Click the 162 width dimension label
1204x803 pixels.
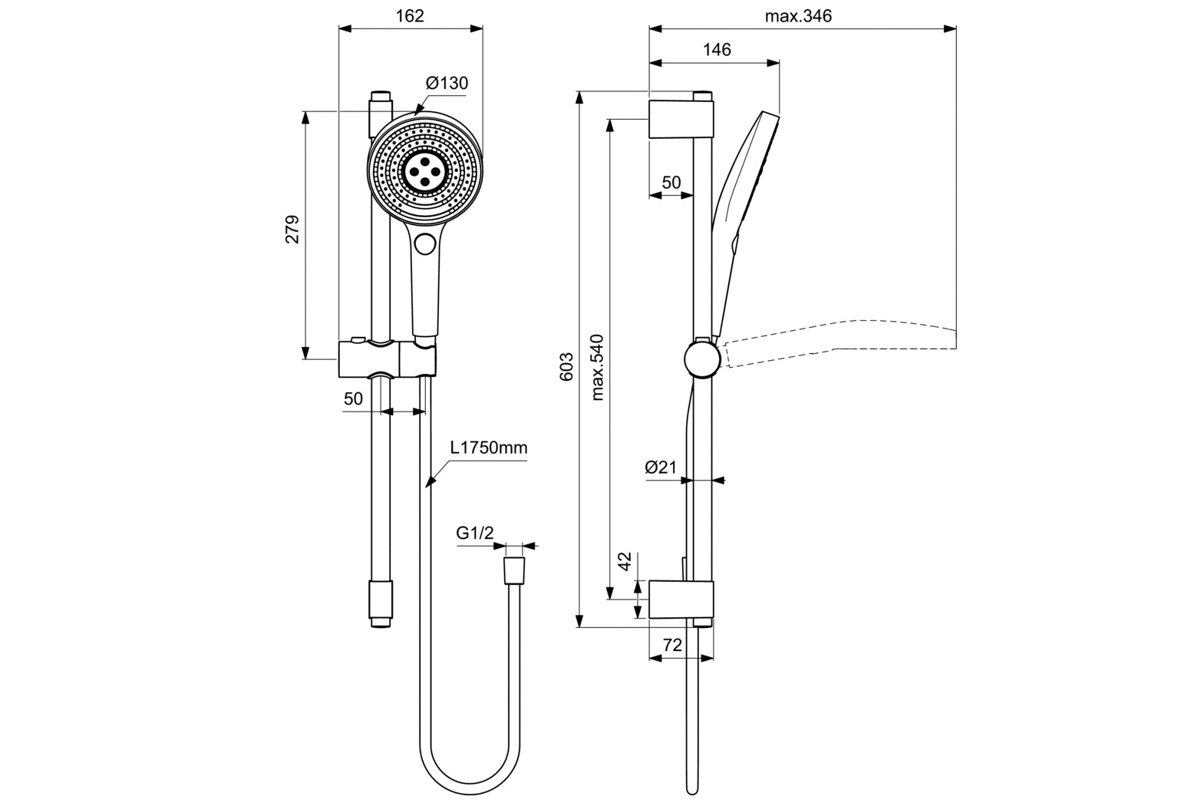(x=411, y=16)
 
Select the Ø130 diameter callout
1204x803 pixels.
(x=447, y=83)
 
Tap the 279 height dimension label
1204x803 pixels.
(x=292, y=230)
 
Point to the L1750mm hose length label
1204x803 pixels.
(x=488, y=448)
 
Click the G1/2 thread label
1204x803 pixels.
(x=475, y=533)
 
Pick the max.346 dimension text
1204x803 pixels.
(x=798, y=16)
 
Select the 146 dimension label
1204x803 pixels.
(x=717, y=50)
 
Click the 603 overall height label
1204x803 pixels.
(x=566, y=367)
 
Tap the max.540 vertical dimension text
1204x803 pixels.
(x=597, y=367)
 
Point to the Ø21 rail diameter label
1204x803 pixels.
(x=661, y=467)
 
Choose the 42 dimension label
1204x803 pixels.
(x=625, y=561)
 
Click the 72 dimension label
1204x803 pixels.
(x=672, y=646)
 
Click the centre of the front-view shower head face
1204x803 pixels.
(x=424, y=167)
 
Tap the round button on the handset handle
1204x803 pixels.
(x=424, y=244)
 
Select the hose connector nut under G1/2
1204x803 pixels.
(x=513, y=572)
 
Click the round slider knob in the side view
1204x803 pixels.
(x=702, y=359)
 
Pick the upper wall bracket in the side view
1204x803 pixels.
(x=681, y=119)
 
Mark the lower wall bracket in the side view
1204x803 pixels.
(x=681, y=600)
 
